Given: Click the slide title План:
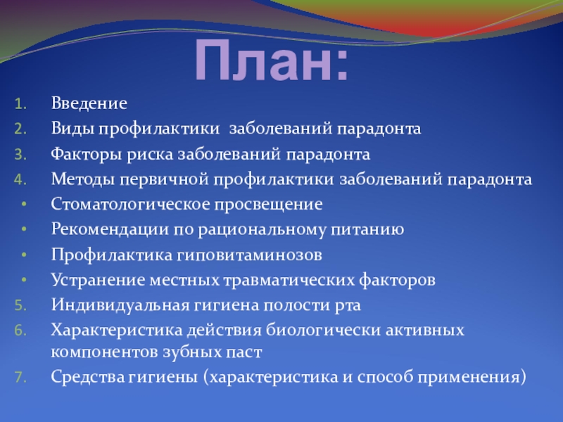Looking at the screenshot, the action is point(272,60).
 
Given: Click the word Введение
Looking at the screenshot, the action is point(89,103).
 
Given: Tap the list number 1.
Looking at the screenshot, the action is point(21,104).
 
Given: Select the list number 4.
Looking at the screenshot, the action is point(21,180).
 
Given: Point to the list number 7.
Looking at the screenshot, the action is point(21,378).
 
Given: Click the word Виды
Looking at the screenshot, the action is point(73,129).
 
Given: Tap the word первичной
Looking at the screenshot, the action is point(164,180).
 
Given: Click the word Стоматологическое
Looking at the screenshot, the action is point(130,204).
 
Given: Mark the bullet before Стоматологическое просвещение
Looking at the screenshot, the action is point(24,204).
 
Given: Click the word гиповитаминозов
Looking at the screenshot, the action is point(249,255).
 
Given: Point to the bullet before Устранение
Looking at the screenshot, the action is point(24,280).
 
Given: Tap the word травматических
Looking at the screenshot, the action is point(289,280).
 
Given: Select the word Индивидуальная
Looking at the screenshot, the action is point(120,305).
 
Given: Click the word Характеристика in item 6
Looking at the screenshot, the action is point(117,330).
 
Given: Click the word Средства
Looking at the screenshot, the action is point(87,377).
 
